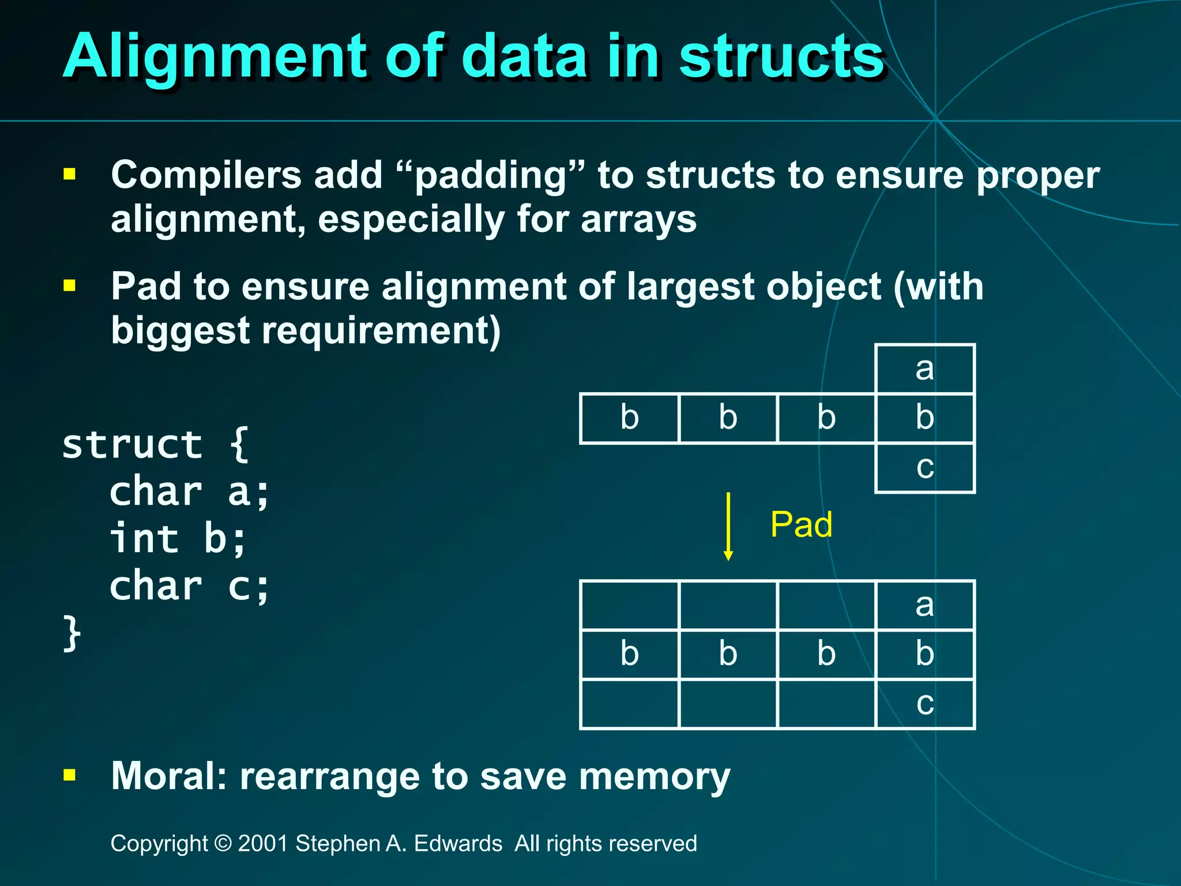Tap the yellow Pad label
801,525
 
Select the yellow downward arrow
728,526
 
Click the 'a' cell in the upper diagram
925,369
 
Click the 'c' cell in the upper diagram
925,468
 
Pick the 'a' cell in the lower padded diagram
925,605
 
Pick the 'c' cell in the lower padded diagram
925,704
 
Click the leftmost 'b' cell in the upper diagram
629,418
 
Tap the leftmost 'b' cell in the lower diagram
629,655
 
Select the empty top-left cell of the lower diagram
629,605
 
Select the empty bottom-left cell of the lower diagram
629,704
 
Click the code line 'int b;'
178,539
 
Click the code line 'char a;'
190,492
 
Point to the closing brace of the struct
72,633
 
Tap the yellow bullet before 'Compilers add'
70,174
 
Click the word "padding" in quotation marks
491,175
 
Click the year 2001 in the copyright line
263,843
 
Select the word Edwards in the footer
458,843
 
